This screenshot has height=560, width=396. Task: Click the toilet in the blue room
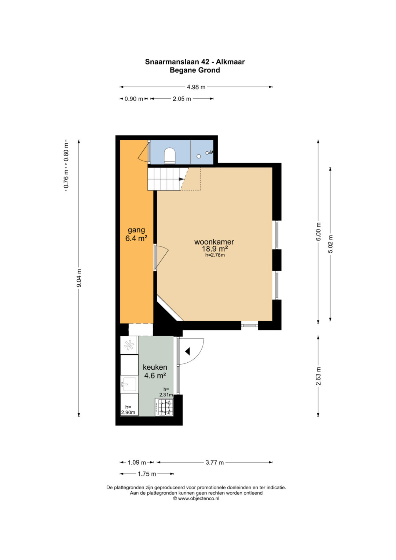(x=170, y=156)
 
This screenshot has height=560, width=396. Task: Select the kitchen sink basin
(x=129, y=384)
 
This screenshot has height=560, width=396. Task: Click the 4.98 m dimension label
(x=196, y=87)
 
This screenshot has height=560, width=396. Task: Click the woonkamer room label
(x=214, y=242)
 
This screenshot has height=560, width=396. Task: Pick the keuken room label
(x=155, y=367)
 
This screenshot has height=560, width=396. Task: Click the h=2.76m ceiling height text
(x=215, y=255)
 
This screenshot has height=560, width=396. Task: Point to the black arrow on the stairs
(x=181, y=179)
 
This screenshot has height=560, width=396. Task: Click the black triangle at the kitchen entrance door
(x=187, y=351)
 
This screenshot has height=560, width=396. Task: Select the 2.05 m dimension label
(x=182, y=99)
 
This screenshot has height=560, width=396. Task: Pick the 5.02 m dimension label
(x=330, y=244)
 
